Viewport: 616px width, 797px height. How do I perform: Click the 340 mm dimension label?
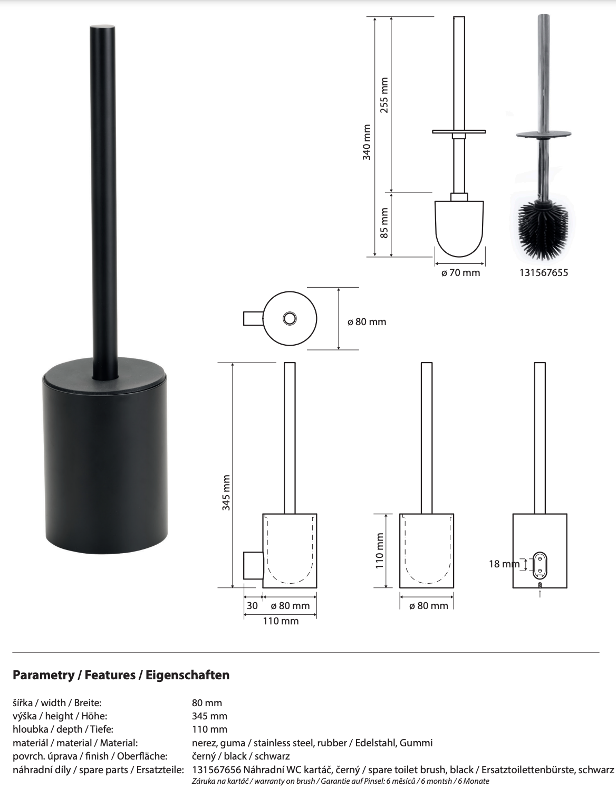(367, 141)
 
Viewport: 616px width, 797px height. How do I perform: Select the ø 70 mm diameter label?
(460, 273)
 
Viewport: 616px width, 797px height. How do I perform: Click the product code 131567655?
(544, 273)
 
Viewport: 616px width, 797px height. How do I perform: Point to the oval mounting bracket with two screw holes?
(540, 564)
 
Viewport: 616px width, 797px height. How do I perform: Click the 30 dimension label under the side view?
(252, 606)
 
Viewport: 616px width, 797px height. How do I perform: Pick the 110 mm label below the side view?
(281, 621)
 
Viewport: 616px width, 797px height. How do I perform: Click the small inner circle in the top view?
(290, 318)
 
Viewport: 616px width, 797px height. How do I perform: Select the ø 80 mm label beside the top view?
(367, 321)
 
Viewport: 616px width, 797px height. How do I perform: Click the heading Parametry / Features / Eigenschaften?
(121, 675)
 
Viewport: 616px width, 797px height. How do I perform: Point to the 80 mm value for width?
(207, 703)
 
